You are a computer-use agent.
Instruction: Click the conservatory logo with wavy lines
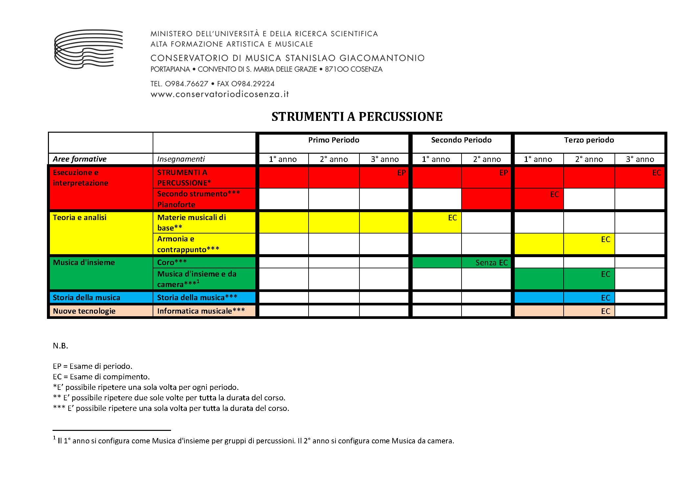[88, 49]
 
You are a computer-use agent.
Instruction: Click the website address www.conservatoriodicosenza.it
[220, 94]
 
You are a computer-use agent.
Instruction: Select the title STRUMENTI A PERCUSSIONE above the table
[357, 117]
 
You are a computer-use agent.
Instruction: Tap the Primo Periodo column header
[334, 140]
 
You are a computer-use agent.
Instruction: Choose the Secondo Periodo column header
[461, 140]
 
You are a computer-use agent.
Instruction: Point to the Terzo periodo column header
[589, 140]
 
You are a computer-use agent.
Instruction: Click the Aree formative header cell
[80, 159]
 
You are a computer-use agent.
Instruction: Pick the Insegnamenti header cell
[181, 159]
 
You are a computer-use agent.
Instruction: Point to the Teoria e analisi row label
[80, 217]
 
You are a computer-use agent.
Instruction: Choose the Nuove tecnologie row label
[84, 311]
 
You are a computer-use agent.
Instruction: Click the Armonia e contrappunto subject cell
[188, 244]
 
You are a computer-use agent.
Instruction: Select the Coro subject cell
[172, 262]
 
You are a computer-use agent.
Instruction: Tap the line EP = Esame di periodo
[93, 366]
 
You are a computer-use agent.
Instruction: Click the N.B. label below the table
[60, 346]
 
